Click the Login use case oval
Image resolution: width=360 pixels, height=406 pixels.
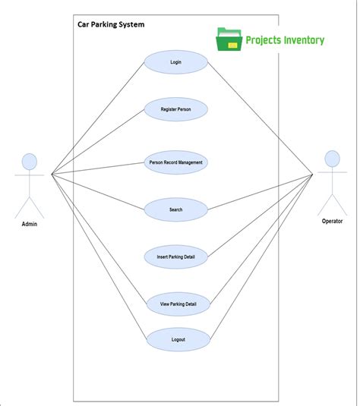pos(175,62)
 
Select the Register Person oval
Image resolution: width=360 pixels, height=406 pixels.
pos(175,109)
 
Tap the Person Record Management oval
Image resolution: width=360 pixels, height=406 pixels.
pos(175,162)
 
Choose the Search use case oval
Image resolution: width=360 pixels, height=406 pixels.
pos(175,209)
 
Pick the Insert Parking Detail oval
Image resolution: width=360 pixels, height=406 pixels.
pos(175,257)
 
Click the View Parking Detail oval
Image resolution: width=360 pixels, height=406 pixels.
pos(175,304)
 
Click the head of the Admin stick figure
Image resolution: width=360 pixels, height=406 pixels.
pos(29,161)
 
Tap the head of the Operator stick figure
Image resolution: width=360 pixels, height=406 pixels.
pos(332,159)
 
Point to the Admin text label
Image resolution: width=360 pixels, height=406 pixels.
pos(29,224)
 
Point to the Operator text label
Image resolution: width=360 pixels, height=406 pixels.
pos(332,221)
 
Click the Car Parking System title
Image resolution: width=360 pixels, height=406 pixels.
pos(111,24)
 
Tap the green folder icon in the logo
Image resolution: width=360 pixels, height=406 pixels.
pos(229,39)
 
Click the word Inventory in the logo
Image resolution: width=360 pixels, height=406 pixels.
pos(300,40)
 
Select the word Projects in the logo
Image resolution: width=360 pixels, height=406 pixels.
pos(261,40)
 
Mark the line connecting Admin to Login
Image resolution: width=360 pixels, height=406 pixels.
pos(97,118)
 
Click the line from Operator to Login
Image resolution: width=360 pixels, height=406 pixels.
pos(260,118)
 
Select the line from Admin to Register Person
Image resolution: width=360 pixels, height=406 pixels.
pos(97,142)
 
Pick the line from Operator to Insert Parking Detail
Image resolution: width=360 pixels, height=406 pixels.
pos(260,216)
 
